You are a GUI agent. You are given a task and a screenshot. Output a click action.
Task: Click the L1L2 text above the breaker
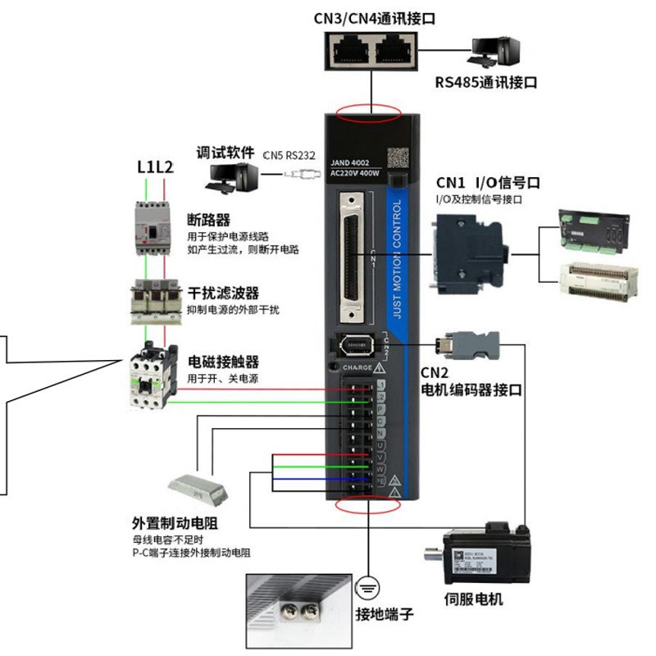[155, 167]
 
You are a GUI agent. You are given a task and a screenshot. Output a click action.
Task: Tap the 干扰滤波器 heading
[223, 293]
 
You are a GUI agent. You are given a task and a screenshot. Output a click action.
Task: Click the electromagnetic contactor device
[153, 376]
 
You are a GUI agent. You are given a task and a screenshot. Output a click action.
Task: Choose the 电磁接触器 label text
[223, 362]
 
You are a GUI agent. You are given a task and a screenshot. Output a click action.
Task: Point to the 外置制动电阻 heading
[180, 523]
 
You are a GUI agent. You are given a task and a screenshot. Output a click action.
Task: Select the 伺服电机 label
[473, 599]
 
